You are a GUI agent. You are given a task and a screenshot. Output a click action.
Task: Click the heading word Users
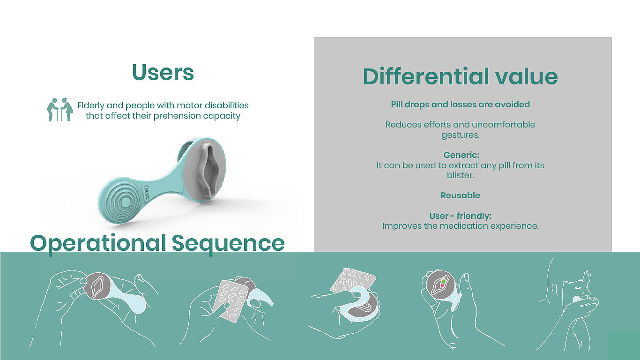click(163, 72)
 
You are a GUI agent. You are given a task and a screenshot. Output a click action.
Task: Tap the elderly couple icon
click(60, 110)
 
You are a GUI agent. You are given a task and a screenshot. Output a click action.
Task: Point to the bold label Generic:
click(461, 155)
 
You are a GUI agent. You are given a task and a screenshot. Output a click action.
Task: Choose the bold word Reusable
click(460, 195)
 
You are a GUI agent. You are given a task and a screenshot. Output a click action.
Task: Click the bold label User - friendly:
click(460, 216)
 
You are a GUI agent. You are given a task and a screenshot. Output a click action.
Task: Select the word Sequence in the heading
click(228, 244)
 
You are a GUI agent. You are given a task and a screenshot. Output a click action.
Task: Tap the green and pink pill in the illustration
click(443, 284)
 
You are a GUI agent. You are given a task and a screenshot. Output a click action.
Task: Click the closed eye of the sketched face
click(576, 288)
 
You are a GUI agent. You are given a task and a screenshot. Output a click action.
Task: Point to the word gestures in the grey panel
click(460, 135)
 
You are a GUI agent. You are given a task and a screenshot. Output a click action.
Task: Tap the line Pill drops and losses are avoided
click(460, 105)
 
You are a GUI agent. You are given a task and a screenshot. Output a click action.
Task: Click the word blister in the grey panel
click(460, 175)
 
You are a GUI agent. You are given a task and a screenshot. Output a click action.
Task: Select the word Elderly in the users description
click(91, 105)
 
